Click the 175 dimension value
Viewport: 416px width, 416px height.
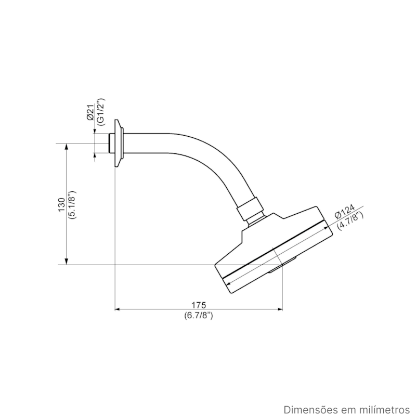[199, 305]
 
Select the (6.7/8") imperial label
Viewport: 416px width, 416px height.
[199, 316]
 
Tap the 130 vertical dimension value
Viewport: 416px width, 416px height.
[61, 204]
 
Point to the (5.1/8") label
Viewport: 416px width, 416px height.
[72, 204]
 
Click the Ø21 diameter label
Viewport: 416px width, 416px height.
[90, 112]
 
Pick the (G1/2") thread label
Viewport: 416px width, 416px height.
[101, 112]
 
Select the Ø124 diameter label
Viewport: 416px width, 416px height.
[344, 212]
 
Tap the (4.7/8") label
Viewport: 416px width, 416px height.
[350, 220]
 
